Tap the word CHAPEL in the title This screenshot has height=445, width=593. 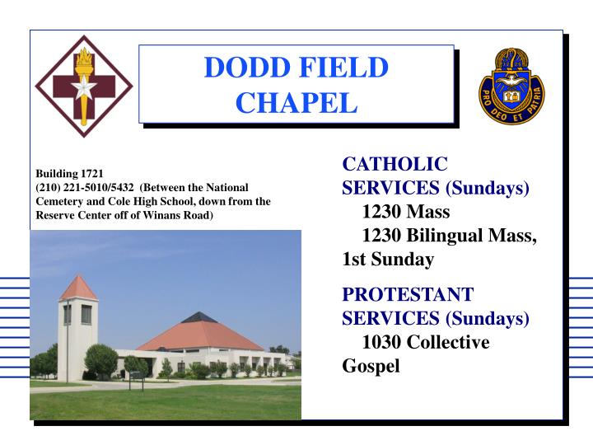[296, 103]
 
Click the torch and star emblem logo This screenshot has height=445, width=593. [82, 87]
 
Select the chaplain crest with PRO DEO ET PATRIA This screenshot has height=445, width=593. [511, 86]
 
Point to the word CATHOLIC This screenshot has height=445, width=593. [395, 164]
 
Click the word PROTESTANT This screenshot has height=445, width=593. [408, 294]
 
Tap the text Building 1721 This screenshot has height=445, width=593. [68, 174]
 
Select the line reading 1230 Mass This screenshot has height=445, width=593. [405, 212]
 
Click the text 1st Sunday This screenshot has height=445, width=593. [387, 260]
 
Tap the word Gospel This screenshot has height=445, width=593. [371, 365]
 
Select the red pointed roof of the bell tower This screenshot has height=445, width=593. [78, 288]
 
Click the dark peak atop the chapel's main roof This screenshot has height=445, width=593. [199, 317]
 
